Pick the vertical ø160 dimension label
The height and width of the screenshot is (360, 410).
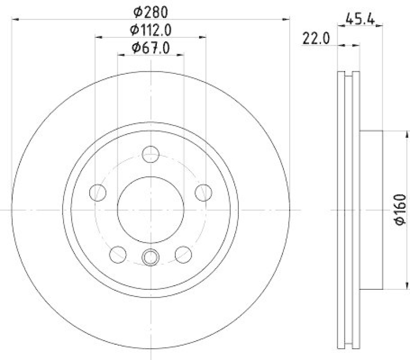pyautogui.click(x=400, y=209)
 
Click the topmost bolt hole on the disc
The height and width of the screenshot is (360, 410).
pyautogui.click(x=150, y=154)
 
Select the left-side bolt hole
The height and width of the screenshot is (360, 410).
pyautogui.click(x=97, y=193)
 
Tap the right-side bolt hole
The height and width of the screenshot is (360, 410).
pyautogui.click(x=203, y=193)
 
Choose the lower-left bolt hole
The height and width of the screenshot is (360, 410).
pyautogui.click(x=118, y=253)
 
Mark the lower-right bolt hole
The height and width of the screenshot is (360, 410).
pyautogui.click(x=183, y=253)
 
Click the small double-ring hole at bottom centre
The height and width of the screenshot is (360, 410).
pyautogui.click(x=150, y=257)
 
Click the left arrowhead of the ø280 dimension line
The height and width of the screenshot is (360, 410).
pyautogui.click(x=14, y=19)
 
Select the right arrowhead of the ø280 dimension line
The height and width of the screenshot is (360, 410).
pyautogui.click(x=287, y=19)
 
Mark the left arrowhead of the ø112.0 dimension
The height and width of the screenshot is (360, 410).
pyautogui.click(x=98, y=37)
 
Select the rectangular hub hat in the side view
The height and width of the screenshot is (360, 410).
pyautogui.click(x=371, y=209)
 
